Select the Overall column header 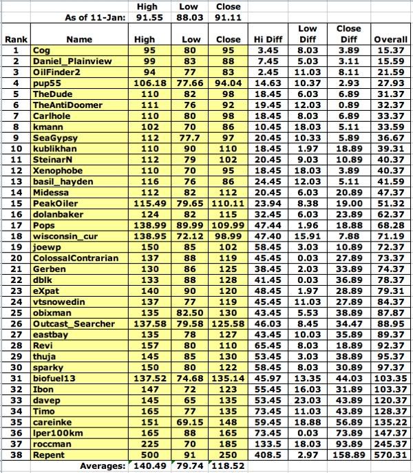390,40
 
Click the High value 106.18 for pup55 150,83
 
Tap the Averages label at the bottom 104,466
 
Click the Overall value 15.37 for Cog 390,50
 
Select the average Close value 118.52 229,466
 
